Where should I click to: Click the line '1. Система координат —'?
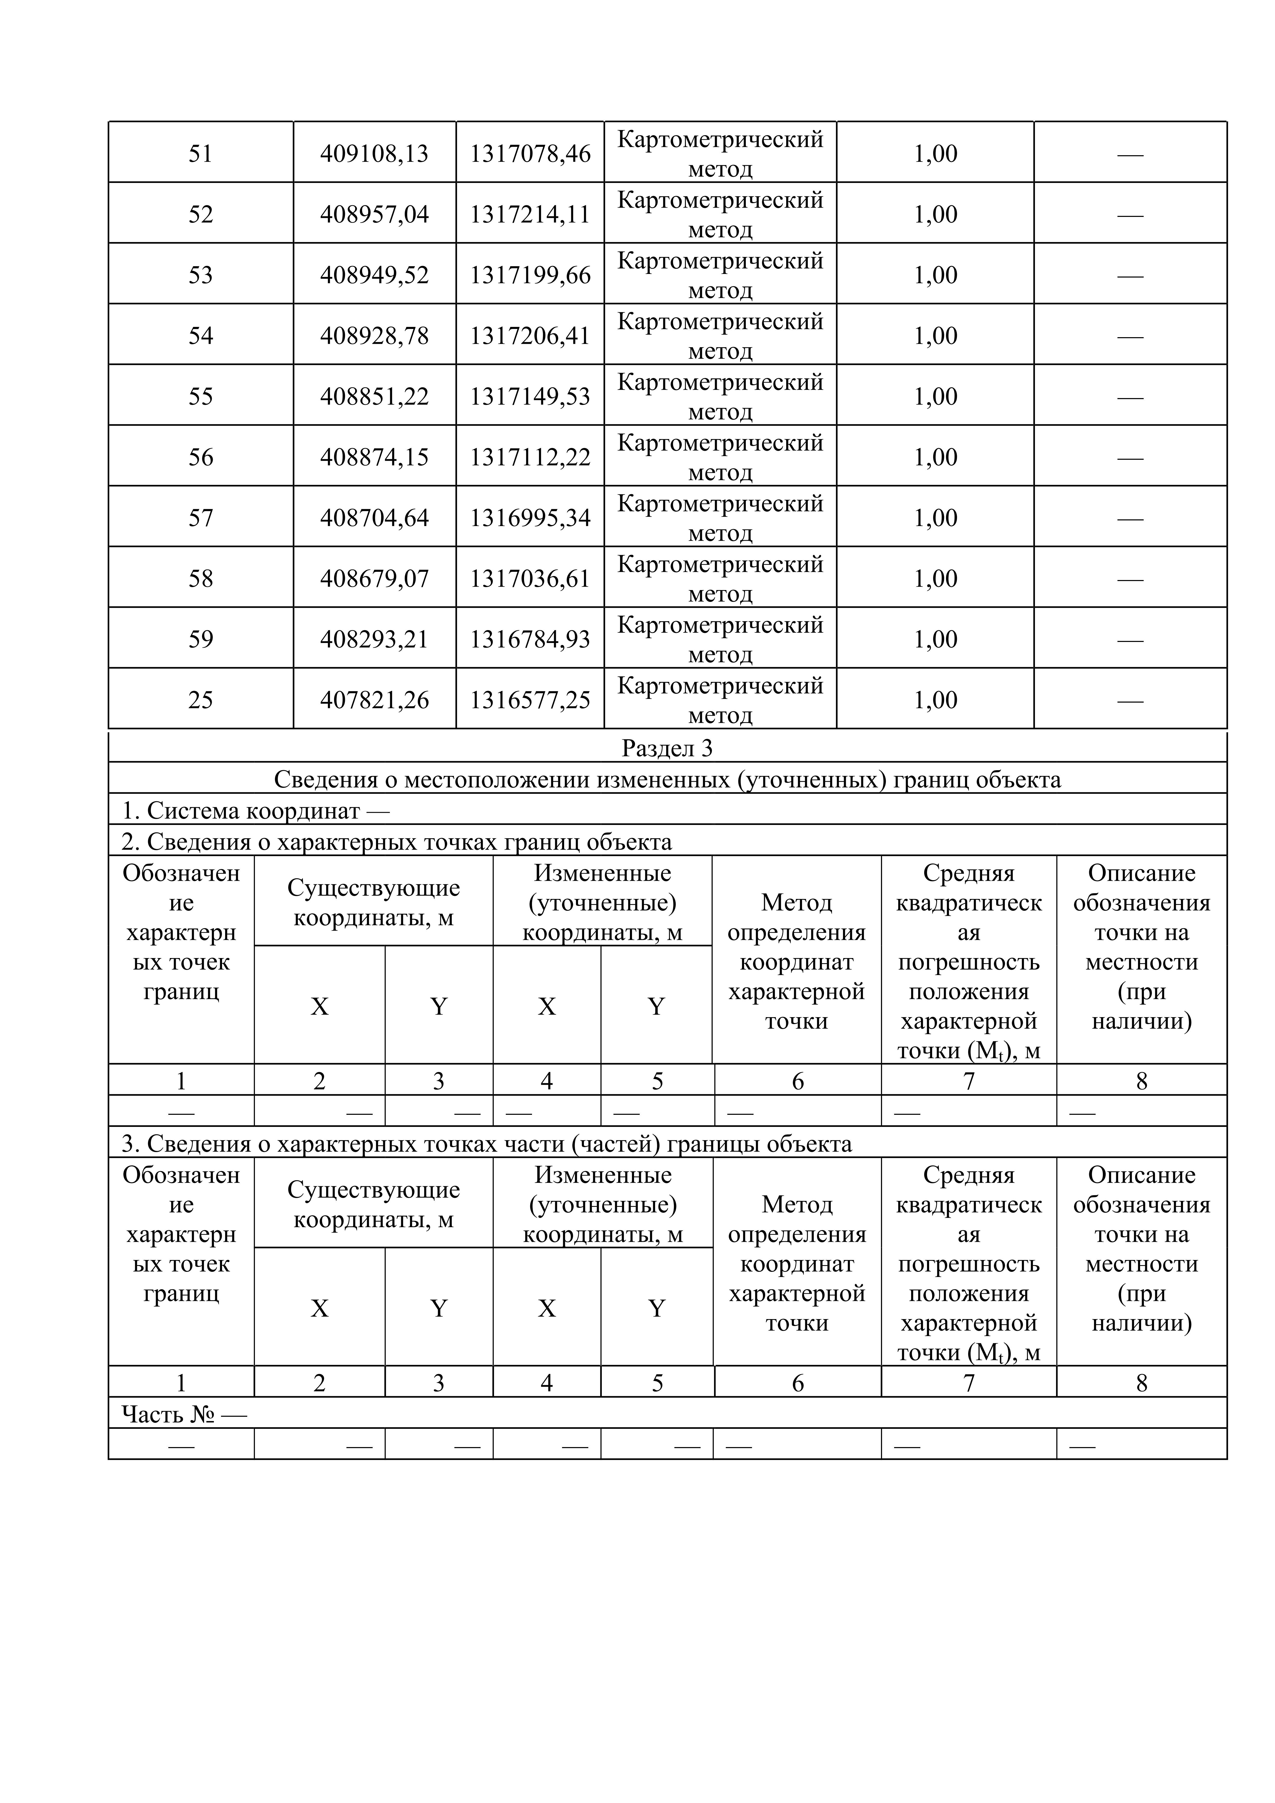pos(255,811)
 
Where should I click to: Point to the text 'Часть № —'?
pos(184,1414)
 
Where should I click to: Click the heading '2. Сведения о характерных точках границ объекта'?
pos(397,842)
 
